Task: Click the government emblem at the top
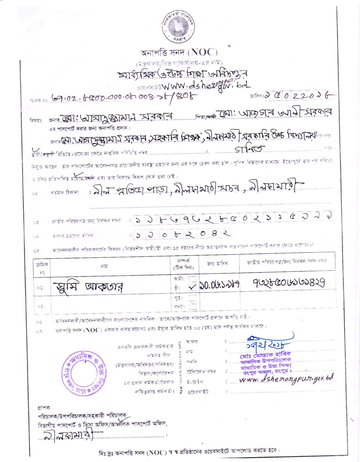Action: (180, 25)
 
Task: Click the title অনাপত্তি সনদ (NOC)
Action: (180, 53)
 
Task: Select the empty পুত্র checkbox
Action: (193, 298)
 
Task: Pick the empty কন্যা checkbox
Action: (193, 305)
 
